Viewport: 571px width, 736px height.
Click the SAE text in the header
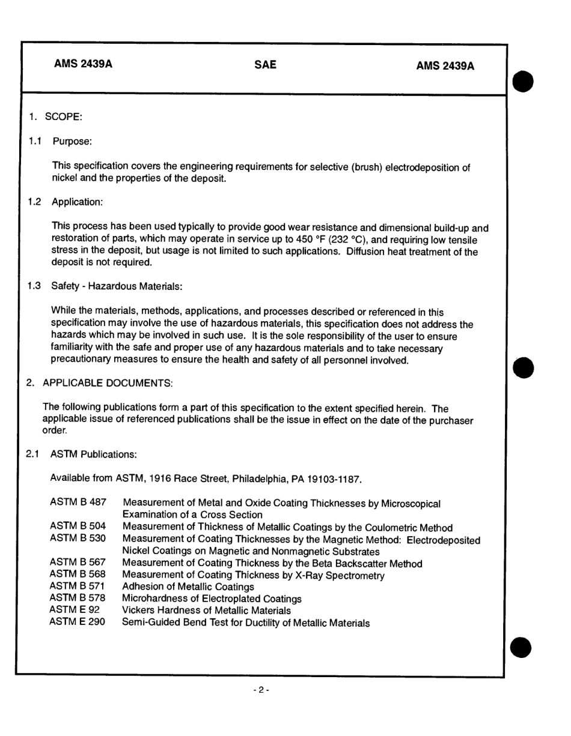265,65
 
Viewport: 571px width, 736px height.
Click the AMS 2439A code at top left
83,65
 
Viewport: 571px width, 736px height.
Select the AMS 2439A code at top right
445,66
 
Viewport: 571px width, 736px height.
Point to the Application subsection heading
78,202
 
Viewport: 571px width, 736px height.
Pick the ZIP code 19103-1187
335,479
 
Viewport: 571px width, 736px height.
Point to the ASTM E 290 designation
77,622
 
